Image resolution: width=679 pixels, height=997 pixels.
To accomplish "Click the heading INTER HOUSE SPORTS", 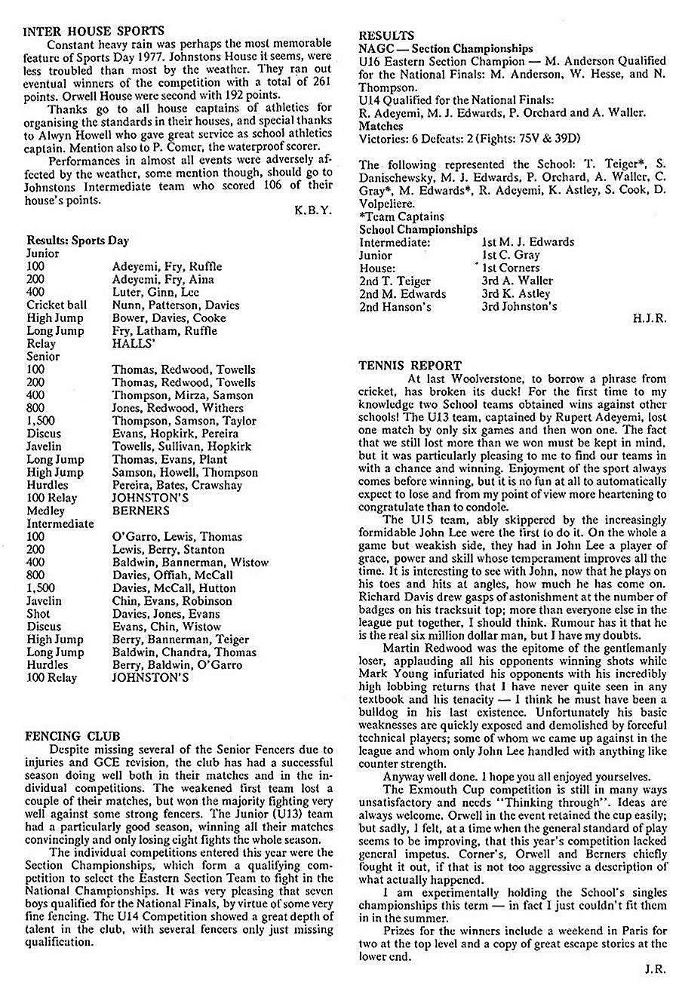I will (94, 31).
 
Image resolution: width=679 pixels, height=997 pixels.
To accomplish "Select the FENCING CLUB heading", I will (72, 735).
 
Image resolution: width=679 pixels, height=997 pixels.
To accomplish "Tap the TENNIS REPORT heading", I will (410, 366).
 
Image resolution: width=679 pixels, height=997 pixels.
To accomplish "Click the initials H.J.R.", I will (650, 319).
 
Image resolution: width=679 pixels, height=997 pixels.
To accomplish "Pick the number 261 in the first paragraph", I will (321, 82).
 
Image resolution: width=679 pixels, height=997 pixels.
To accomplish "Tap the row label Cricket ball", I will (57, 305).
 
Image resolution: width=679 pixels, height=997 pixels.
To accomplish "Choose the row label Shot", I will (38, 613).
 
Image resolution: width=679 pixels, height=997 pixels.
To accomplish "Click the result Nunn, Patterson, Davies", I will (176, 305).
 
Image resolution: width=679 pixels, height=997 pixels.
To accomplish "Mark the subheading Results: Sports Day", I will (78, 241).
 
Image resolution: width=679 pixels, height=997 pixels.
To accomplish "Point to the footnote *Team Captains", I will (402, 216).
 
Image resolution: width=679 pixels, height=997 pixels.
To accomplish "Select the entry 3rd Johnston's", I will (519, 306).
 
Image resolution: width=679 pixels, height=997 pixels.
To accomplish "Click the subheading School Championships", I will (418, 229).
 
